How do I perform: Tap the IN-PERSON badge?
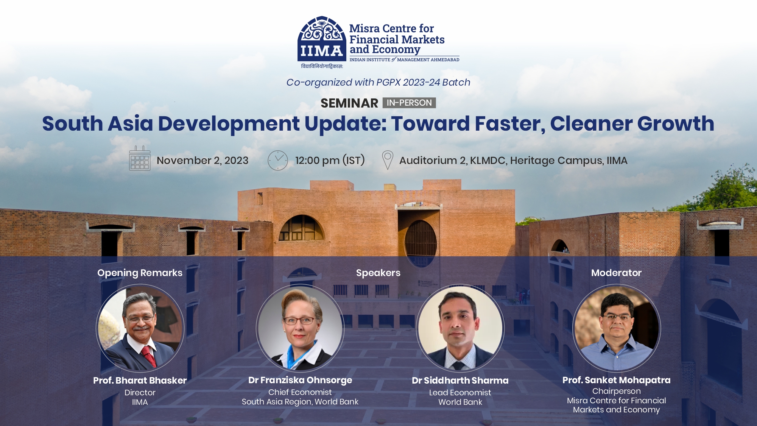click(x=409, y=103)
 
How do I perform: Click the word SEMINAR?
click(x=349, y=103)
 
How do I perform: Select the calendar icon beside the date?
click(x=140, y=159)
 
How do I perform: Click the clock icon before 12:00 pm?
click(x=278, y=160)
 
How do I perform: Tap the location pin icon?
click(x=388, y=160)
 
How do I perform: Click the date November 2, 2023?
click(x=202, y=161)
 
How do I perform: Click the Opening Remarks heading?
click(x=140, y=273)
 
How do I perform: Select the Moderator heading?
click(x=616, y=273)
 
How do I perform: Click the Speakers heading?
click(x=378, y=273)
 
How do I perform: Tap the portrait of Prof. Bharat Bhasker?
click(x=140, y=328)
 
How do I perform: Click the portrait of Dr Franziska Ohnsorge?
click(x=300, y=328)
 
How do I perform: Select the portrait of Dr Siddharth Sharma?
click(x=460, y=328)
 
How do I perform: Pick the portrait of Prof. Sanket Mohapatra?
click(x=617, y=328)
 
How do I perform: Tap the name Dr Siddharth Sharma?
click(x=460, y=380)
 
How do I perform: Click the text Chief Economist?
click(x=300, y=392)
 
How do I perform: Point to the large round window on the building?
click(x=421, y=242)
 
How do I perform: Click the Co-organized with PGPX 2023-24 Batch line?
click(x=378, y=82)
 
